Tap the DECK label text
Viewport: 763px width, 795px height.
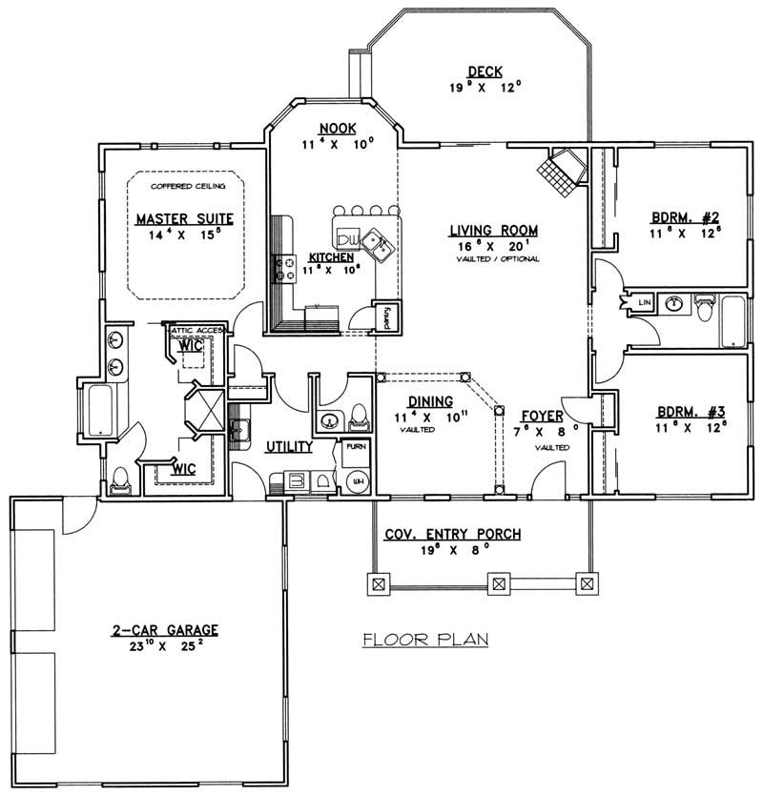[x=484, y=71]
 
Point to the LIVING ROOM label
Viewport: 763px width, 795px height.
[x=494, y=231]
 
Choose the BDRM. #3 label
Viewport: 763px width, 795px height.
[x=682, y=415]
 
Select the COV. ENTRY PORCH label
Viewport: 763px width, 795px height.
[x=452, y=535]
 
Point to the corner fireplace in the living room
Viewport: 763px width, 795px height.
[x=562, y=173]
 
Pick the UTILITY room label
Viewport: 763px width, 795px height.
[x=284, y=446]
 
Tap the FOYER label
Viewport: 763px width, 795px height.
[x=541, y=417]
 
